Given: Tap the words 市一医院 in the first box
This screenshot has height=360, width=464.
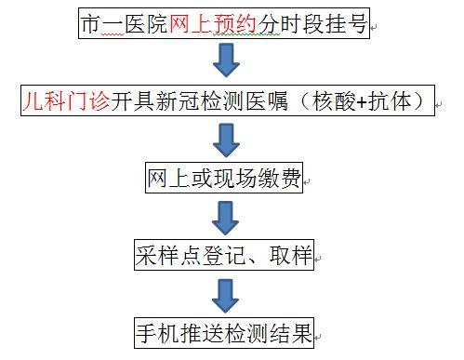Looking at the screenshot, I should click(126, 27).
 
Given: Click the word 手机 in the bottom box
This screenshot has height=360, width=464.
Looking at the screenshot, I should click(154, 330).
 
